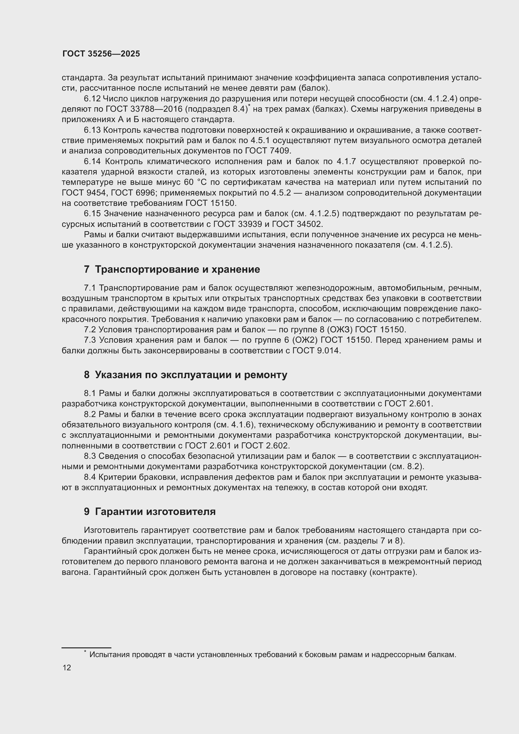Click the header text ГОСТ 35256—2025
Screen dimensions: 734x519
pos(101,54)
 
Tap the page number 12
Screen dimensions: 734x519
pos(67,667)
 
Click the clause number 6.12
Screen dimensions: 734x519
pos(92,99)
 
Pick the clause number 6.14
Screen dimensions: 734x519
pos(92,162)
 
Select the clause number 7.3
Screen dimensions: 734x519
pos(90,340)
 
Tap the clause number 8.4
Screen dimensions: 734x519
pos(90,477)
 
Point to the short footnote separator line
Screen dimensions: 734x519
pos(86,648)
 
